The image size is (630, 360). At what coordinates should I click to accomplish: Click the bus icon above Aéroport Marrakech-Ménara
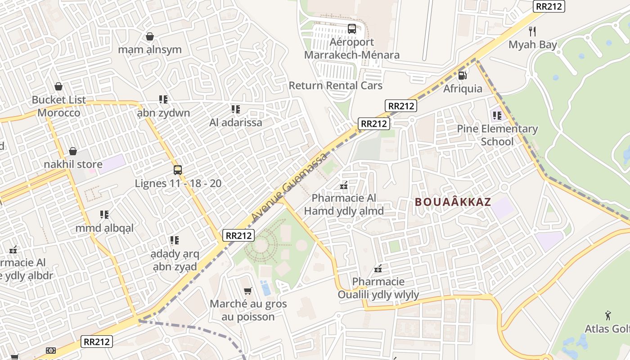[352, 29]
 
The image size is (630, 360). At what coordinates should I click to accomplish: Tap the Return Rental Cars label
[335, 85]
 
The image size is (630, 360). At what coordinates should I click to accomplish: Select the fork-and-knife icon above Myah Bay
[533, 31]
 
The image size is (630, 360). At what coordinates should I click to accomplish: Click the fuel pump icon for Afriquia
[462, 75]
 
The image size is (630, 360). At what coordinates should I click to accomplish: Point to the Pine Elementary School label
[497, 135]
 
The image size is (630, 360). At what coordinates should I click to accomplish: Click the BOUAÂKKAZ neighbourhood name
[453, 202]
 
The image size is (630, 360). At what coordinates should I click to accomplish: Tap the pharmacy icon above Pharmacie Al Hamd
[344, 185]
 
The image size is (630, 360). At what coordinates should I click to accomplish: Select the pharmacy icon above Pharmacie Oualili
[378, 269]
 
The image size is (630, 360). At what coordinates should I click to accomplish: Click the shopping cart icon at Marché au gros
[247, 291]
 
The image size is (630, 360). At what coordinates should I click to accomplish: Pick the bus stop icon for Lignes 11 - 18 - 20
[178, 170]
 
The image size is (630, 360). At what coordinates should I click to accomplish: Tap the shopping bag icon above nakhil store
[73, 151]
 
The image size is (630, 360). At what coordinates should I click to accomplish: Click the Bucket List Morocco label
[59, 106]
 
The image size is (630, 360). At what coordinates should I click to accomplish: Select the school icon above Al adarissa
[235, 109]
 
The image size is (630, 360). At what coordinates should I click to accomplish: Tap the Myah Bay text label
[533, 45]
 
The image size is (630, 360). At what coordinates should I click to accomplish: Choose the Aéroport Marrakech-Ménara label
[352, 49]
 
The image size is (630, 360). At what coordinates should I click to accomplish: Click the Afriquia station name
[463, 89]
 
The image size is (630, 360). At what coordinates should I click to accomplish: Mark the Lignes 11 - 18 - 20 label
[178, 184]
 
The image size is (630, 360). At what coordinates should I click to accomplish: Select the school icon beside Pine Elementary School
[497, 116]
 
